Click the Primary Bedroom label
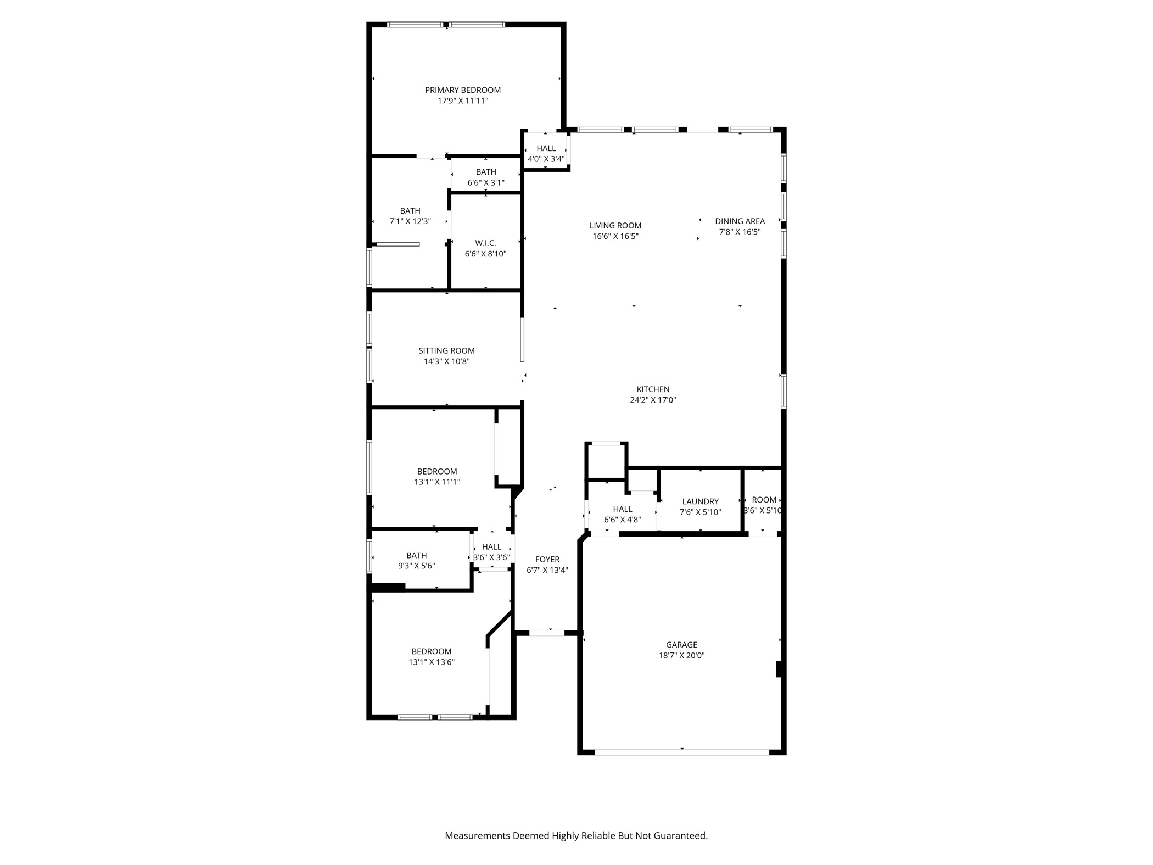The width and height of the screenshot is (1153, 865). coord(463,90)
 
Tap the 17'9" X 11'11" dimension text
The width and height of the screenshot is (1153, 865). coord(463,101)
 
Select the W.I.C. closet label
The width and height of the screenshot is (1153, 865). coord(485,243)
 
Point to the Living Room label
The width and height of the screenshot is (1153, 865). coord(615,225)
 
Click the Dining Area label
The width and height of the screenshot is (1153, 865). coord(740,221)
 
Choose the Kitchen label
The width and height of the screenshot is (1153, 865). coord(653,389)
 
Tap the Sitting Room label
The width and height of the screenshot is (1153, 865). coord(446,350)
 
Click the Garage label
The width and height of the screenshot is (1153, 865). coord(681,645)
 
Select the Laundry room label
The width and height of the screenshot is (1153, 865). coord(700,501)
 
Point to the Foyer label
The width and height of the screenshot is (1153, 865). coord(547,559)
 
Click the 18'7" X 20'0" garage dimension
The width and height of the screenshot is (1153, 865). coord(681,655)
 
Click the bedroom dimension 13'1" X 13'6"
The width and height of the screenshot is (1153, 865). coord(432,662)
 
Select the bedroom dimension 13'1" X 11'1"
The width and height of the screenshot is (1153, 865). coord(437,482)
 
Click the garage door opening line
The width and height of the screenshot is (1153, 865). coord(682,751)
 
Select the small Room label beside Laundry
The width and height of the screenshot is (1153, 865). coord(764,500)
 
